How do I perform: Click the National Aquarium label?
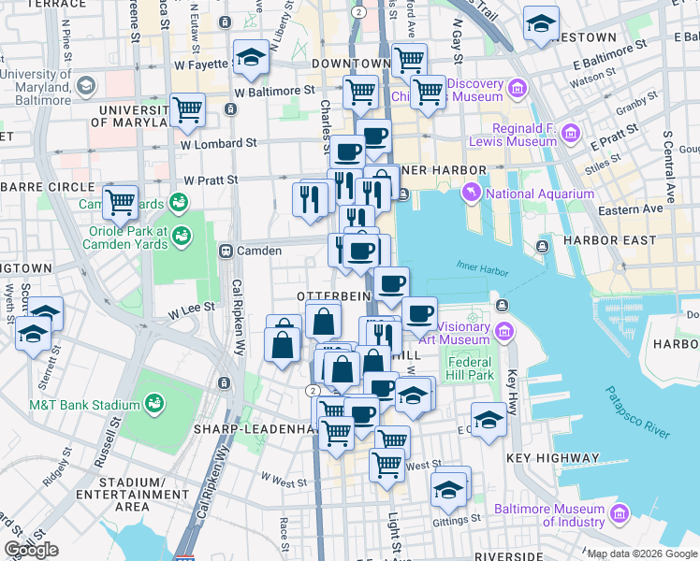(540, 194)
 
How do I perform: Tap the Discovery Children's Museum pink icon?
(517, 90)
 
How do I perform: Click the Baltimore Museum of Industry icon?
(619, 513)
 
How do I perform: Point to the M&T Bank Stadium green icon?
(153, 405)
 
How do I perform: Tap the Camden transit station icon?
(226, 251)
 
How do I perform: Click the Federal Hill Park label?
(470, 368)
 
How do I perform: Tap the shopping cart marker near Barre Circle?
(121, 200)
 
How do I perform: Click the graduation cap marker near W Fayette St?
(251, 58)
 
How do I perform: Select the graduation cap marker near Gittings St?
(449, 489)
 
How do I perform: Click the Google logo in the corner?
(31, 549)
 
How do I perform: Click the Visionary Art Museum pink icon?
(504, 330)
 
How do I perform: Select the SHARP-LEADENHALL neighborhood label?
(251, 428)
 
